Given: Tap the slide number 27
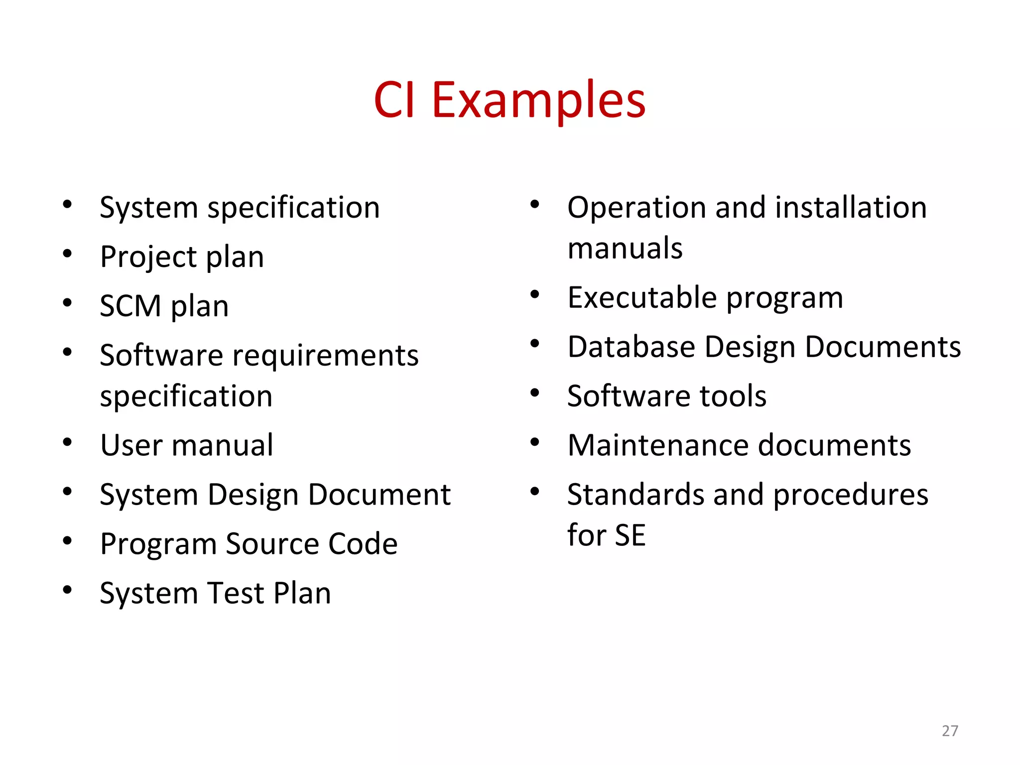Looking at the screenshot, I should (950, 731).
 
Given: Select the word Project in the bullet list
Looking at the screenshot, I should (149, 257).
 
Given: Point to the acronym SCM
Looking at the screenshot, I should (130, 306).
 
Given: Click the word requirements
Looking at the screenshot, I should (326, 356).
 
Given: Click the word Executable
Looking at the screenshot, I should (642, 298).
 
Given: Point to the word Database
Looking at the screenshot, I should (632, 347).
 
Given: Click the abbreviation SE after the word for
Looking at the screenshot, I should (630, 535).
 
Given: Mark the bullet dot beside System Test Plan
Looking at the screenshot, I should (68, 590).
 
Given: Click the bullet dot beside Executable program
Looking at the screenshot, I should (535, 294).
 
